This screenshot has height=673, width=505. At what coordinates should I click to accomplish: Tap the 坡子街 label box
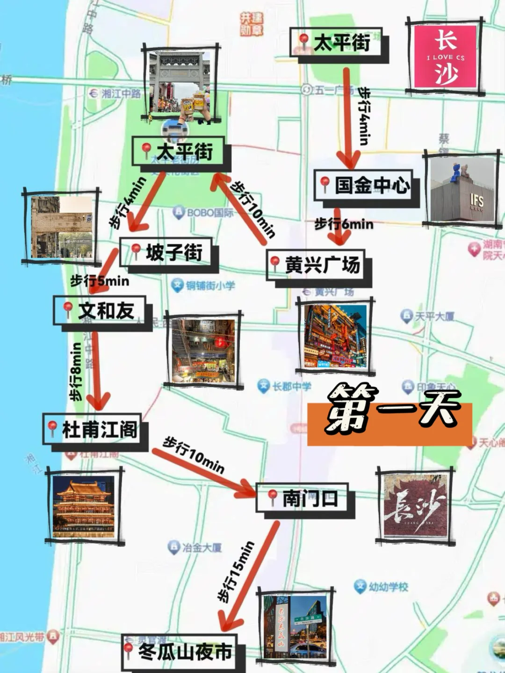(167, 253)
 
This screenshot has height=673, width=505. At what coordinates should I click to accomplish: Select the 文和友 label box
(100, 311)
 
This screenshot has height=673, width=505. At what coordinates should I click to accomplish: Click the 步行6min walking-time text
(344, 224)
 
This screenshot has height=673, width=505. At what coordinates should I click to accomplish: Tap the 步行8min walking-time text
(76, 372)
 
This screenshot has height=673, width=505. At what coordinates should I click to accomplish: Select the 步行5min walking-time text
(100, 281)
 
